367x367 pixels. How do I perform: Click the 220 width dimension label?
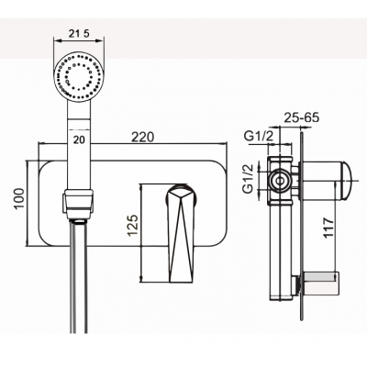click(142, 137)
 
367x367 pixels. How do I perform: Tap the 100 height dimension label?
click(19, 199)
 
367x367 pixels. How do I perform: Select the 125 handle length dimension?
click(133, 226)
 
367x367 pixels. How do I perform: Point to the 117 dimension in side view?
click(328, 228)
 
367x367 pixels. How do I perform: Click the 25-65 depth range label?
click(302, 117)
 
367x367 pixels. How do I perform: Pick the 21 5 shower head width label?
click(79, 34)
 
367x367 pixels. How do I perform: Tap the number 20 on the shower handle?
click(79, 139)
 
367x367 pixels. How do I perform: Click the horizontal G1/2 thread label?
click(259, 137)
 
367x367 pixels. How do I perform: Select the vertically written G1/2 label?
click(248, 179)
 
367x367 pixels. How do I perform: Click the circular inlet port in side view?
click(280, 181)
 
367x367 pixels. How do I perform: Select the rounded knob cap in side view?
click(346, 181)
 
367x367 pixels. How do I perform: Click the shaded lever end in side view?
click(322, 279)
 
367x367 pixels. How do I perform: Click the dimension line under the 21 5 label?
click(79, 40)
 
